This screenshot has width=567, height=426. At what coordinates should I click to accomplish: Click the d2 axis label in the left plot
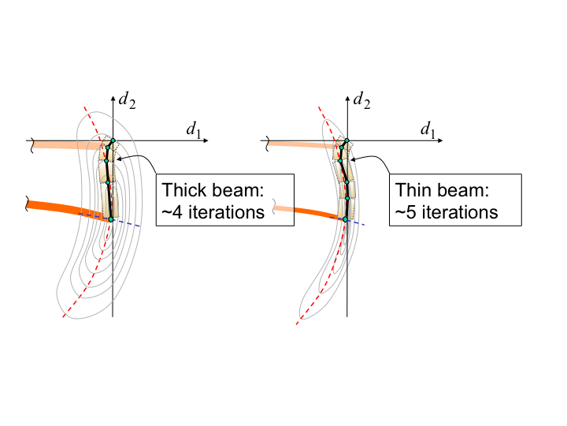pyautogui.click(x=126, y=101)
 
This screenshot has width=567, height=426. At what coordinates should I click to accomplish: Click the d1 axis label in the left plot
pyautogui.click(x=192, y=129)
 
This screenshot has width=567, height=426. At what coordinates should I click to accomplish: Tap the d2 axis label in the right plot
pyautogui.click(x=362, y=101)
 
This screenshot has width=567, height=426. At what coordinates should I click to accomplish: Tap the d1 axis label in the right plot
pyautogui.click(x=428, y=129)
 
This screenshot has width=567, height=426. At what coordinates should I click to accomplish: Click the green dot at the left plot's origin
pyautogui.click(x=113, y=141)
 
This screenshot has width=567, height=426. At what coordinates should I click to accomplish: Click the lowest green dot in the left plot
pyautogui.click(x=111, y=219)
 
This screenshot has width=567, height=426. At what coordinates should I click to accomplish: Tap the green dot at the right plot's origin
pyautogui.click(x=347, y=141)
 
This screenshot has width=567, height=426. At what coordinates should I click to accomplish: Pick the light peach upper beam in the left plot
pyautogui.click(x=67, y=144)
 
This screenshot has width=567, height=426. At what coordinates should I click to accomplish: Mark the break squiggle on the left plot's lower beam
pyautogui.click(x=29, y=206)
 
